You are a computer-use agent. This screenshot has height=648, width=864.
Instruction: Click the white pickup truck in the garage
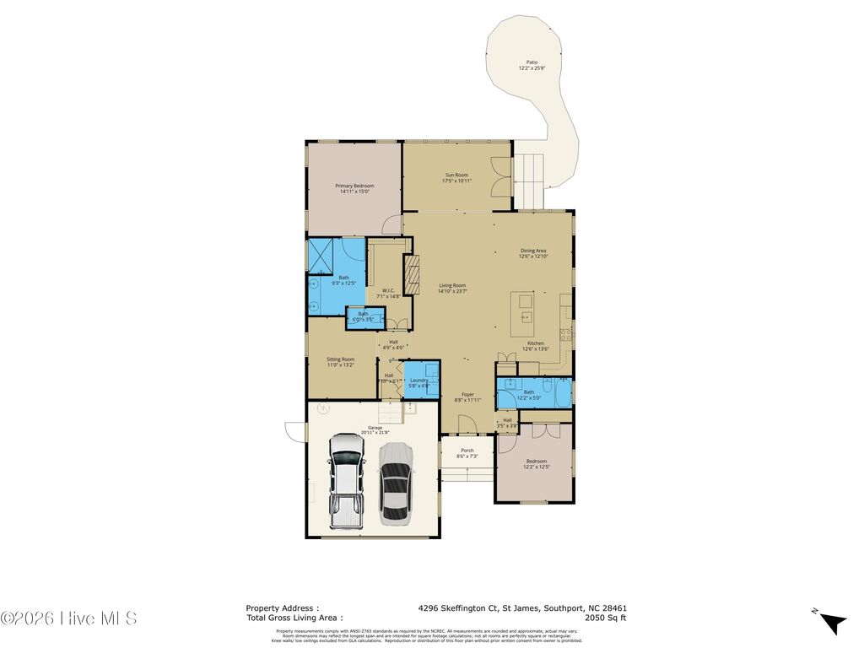click(346, 481)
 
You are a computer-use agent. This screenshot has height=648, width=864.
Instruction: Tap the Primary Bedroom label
click(354, 189)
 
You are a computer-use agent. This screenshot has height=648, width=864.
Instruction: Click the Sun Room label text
click(456, 177)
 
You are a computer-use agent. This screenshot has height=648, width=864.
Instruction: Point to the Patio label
click(532, 65)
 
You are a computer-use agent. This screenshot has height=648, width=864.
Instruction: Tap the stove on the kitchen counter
click(566, 333)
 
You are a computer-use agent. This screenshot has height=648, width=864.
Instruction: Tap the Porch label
click(467, 453)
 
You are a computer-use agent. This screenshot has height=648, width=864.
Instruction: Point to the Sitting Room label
click(341, 362)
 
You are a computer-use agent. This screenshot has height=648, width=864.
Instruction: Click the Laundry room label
click(419, 382)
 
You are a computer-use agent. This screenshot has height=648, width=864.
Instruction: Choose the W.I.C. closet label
click(389, 294)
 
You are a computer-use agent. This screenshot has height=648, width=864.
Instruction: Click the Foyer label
click(467, 397)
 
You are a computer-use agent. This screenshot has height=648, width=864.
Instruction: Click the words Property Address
click(282, 607)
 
